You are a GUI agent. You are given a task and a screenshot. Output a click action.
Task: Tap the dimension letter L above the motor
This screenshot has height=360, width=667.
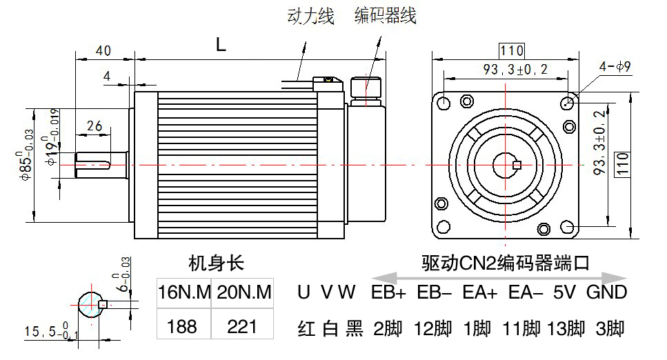click(x=220, y=46)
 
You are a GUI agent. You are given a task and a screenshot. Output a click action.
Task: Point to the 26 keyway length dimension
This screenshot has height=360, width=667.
click(x=94, y=126)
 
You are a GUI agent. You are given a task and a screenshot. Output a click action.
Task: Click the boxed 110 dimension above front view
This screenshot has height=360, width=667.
click(x=511, y=50)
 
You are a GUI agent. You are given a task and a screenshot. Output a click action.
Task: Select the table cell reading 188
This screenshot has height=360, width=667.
click(x=182, y=325)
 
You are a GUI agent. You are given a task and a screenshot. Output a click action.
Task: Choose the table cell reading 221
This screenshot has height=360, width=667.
click(x=242, y=325)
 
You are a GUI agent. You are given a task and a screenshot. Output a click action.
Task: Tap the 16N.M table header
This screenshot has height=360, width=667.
click(x=183, y=292)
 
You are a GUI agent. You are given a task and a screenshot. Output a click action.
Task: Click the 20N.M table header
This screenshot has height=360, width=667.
click(x=243, y=292)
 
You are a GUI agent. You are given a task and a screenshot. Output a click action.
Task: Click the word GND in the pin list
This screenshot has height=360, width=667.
click(x=606, y=292)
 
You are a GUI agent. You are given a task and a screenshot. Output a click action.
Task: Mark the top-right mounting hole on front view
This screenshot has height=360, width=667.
click(x=568, y=103)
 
